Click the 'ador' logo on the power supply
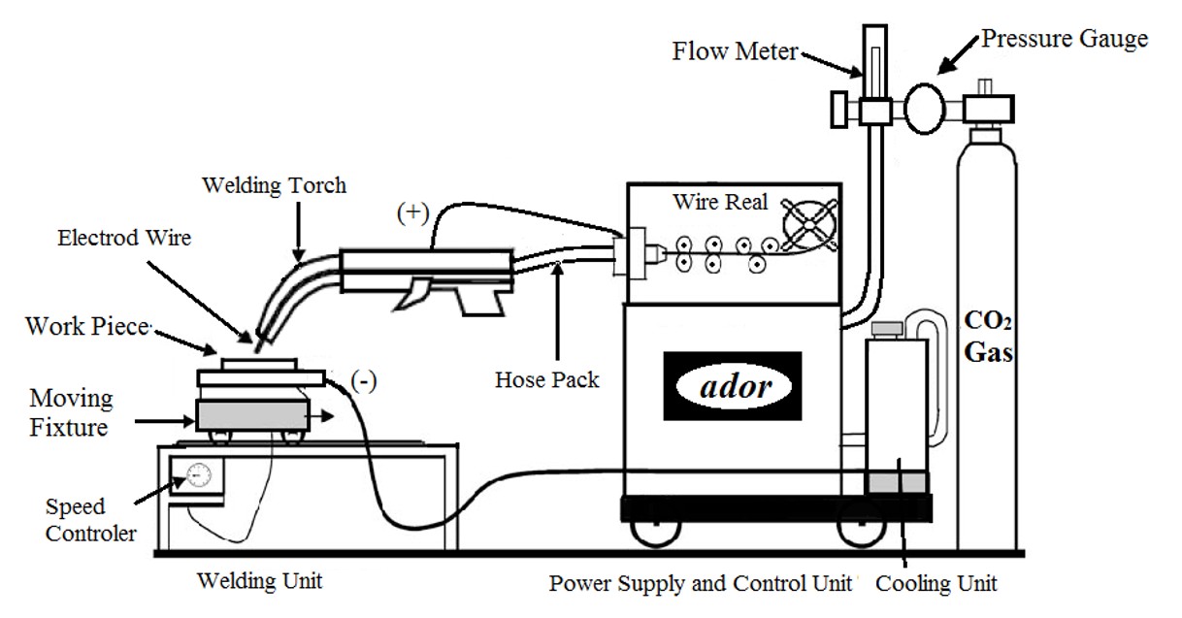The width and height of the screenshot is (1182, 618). point(733,386)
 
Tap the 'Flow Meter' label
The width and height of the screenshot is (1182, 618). point(735,50)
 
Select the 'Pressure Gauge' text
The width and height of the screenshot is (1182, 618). point(1065,39)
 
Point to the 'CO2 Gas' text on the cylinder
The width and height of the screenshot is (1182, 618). point(989,336)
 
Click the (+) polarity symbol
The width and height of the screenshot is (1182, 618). point(411,213)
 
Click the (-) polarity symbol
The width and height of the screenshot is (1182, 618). point(364,380)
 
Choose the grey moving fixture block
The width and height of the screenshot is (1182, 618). point(251,414)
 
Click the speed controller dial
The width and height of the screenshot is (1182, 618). point(199,475)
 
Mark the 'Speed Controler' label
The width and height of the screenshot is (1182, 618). point(89,520)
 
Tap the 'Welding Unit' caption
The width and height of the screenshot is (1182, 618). point(259,582)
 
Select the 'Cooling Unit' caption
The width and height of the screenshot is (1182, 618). point(936,584)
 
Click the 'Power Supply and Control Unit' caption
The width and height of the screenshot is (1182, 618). point(700,584)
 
